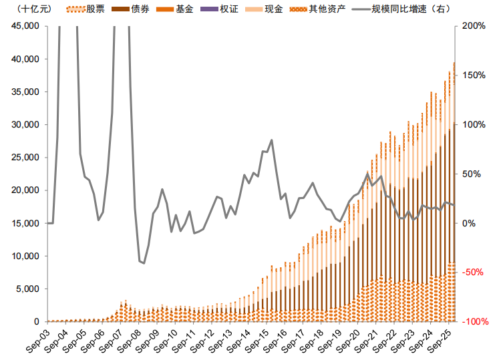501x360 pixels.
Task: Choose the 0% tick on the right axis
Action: (x=470, y=223)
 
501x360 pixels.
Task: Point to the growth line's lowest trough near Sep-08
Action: (x=144, y=263)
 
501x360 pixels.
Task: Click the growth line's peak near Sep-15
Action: (x=271, y=140)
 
